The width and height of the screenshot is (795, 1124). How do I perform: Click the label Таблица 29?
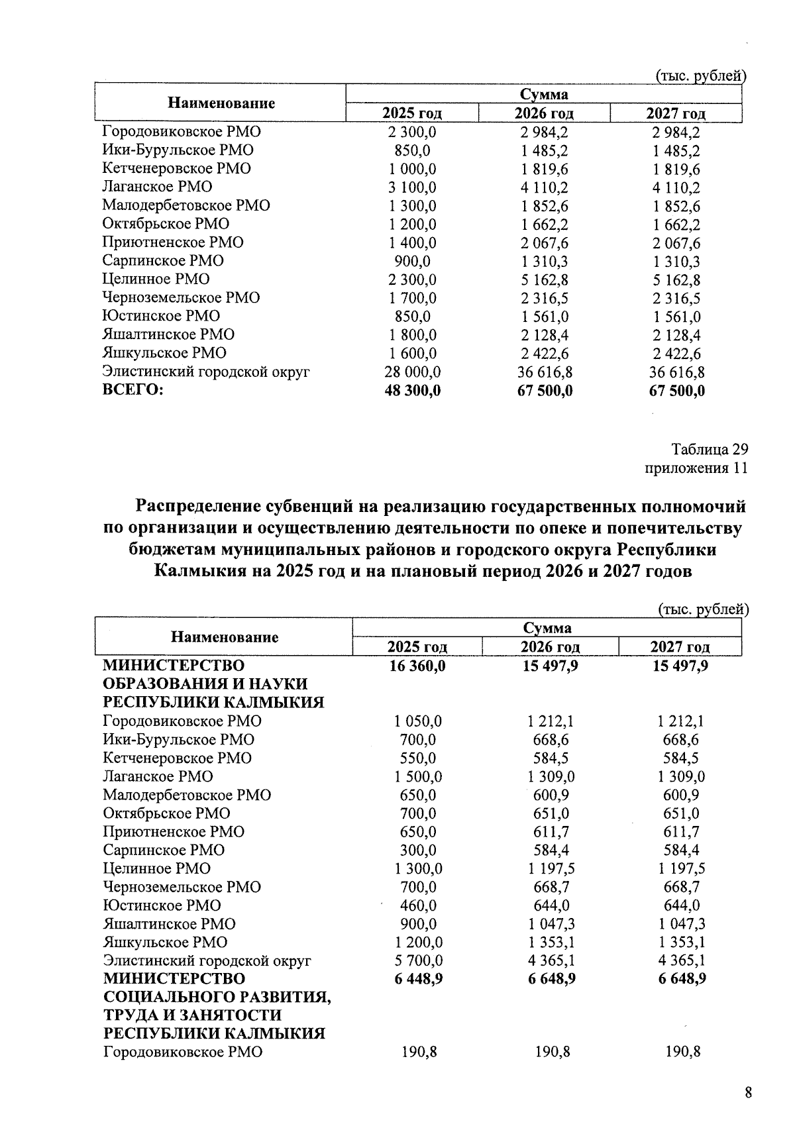710,450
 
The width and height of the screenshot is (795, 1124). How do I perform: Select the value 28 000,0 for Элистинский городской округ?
413,372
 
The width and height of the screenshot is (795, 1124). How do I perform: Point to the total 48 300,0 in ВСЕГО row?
413,391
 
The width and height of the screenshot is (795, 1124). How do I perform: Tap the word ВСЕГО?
133,390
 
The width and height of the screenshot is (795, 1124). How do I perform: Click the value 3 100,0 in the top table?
413,187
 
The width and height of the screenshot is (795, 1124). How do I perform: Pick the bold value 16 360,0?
417,666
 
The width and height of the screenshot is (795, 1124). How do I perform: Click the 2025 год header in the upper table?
412,113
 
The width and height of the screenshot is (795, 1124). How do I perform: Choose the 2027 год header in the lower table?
680,647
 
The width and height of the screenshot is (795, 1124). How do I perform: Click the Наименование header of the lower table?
225,637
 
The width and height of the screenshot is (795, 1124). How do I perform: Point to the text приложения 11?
696,468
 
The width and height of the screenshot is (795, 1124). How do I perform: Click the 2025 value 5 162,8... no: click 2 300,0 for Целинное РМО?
413,280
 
